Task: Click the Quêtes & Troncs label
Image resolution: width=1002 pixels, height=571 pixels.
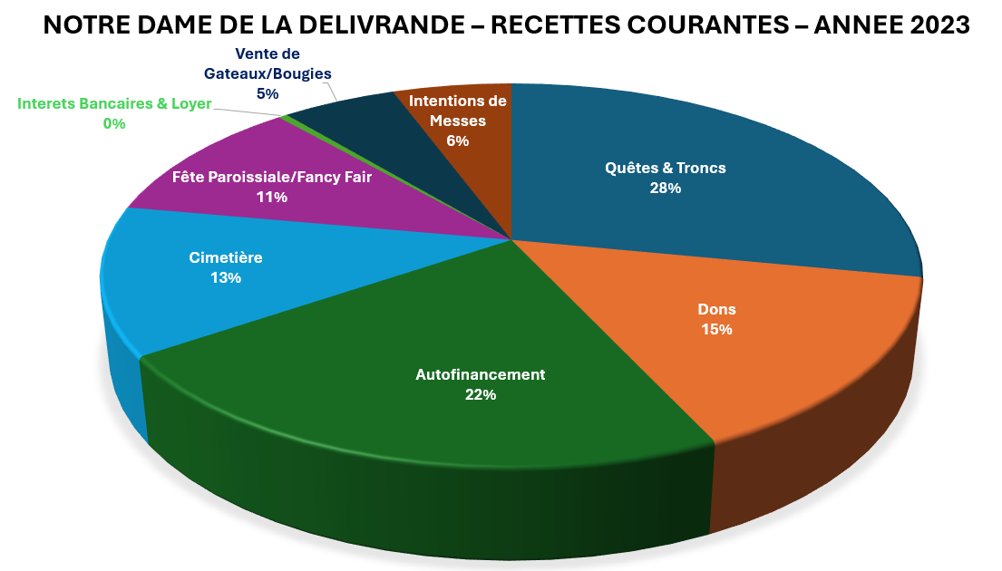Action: tap(666, 168)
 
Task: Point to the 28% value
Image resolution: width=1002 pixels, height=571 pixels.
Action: tap(666, 189)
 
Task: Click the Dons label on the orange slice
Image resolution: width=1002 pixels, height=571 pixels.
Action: tap(716, 309)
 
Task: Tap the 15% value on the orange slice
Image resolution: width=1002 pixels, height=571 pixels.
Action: tap(716, 330)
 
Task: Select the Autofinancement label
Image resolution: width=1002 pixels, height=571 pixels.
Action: tap(481, 373)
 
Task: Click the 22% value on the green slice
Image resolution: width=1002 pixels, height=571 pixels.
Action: tap(481, 394)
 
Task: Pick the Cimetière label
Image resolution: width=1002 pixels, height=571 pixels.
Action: tap(226, 257)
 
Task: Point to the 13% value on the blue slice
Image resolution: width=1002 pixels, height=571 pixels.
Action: tap(226, 278)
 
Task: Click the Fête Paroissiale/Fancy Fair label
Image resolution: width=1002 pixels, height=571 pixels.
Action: tap(272, 177)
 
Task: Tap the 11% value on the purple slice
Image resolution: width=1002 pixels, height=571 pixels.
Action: tap(272, 197)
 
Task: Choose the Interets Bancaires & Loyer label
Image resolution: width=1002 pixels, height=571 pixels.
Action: tap(114, 103)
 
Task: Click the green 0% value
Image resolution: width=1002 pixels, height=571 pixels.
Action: tap(114, 123)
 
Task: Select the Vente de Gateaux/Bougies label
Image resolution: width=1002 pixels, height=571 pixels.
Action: tap(268, 63)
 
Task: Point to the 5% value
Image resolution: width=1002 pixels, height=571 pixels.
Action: tap(268, 92)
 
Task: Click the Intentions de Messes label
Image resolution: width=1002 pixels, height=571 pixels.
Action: tap(458, 110)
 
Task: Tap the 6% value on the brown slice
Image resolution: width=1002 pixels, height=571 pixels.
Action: tap(458, 140)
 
